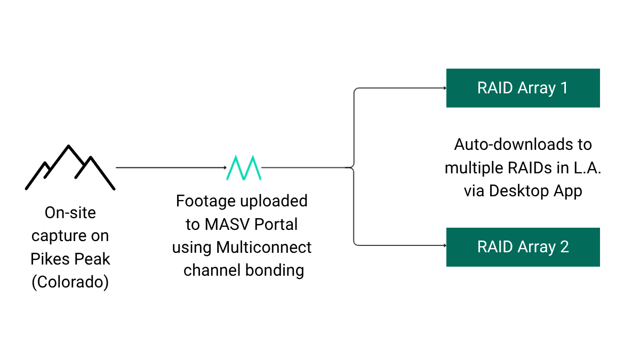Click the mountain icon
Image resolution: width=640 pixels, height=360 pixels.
tap(70, 167)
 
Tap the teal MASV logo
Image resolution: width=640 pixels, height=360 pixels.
tap(243, 167)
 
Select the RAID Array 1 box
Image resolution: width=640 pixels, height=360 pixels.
tap(523, 88)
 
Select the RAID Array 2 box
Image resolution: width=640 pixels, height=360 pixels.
tap(523, 247)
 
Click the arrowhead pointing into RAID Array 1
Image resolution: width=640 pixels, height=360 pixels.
tap(443, 88)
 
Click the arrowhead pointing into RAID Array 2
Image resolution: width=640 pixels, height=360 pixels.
tap(443, 246)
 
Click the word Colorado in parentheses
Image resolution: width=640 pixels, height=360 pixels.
tap(70, 282)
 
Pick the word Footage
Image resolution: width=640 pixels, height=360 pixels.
tap(206, 201)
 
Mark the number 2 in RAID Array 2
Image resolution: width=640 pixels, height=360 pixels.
tap(564, 247)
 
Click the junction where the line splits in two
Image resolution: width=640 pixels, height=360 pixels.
tap(353, 167)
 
